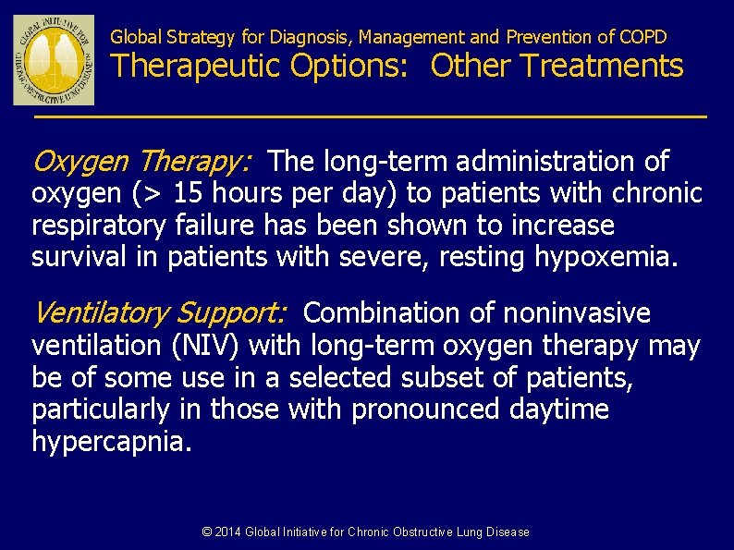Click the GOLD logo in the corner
pyautogui.click(x=54, y=59)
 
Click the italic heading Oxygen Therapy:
pyautogui.click(x=141, y=163)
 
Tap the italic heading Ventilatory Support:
pyautogui.click(x=159, y=314)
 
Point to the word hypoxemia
pyautogui.click(x=606, y=257)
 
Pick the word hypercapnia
pyautogui.click(x=112, y=442)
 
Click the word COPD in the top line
pyautogui.click(x=643, y=38)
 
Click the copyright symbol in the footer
pyautogui.click(x=207, y=532)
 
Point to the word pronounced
pyautogui.click(x=424, y=409)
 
